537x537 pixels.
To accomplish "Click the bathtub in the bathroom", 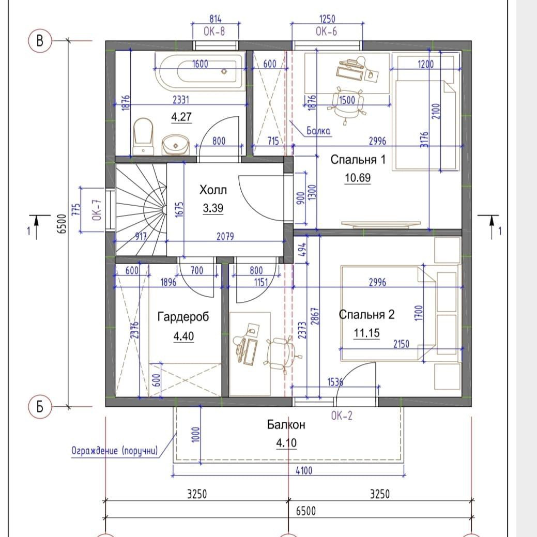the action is coord(201,71).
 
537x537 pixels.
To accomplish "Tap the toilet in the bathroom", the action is coord(143,136).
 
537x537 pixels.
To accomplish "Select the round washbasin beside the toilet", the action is coord(175,145).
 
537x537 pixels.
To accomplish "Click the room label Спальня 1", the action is coord(358,160).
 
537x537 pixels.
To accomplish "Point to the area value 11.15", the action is coord(366,332).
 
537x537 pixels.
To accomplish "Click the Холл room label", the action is coord(213,190).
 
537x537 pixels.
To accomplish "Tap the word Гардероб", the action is coord(183,317).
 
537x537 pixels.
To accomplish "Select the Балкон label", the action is coord(286,425).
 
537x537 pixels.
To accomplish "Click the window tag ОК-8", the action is coord(214,32).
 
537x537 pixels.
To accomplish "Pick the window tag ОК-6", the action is coord(326,32).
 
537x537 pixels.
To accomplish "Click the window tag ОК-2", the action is coord(342,416).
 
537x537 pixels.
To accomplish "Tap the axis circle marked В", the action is coord(40,41).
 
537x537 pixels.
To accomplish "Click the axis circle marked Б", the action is coord(40,407).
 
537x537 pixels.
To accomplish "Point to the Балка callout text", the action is coord(318,131).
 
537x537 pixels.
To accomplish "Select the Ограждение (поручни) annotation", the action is coord(115,450).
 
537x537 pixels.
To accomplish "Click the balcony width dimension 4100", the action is coord(304,470).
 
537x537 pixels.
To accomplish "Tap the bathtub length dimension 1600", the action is coord(200,64).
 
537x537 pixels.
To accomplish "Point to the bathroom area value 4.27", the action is coord(181,117).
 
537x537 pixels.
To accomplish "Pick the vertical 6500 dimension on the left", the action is coord(62,224).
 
